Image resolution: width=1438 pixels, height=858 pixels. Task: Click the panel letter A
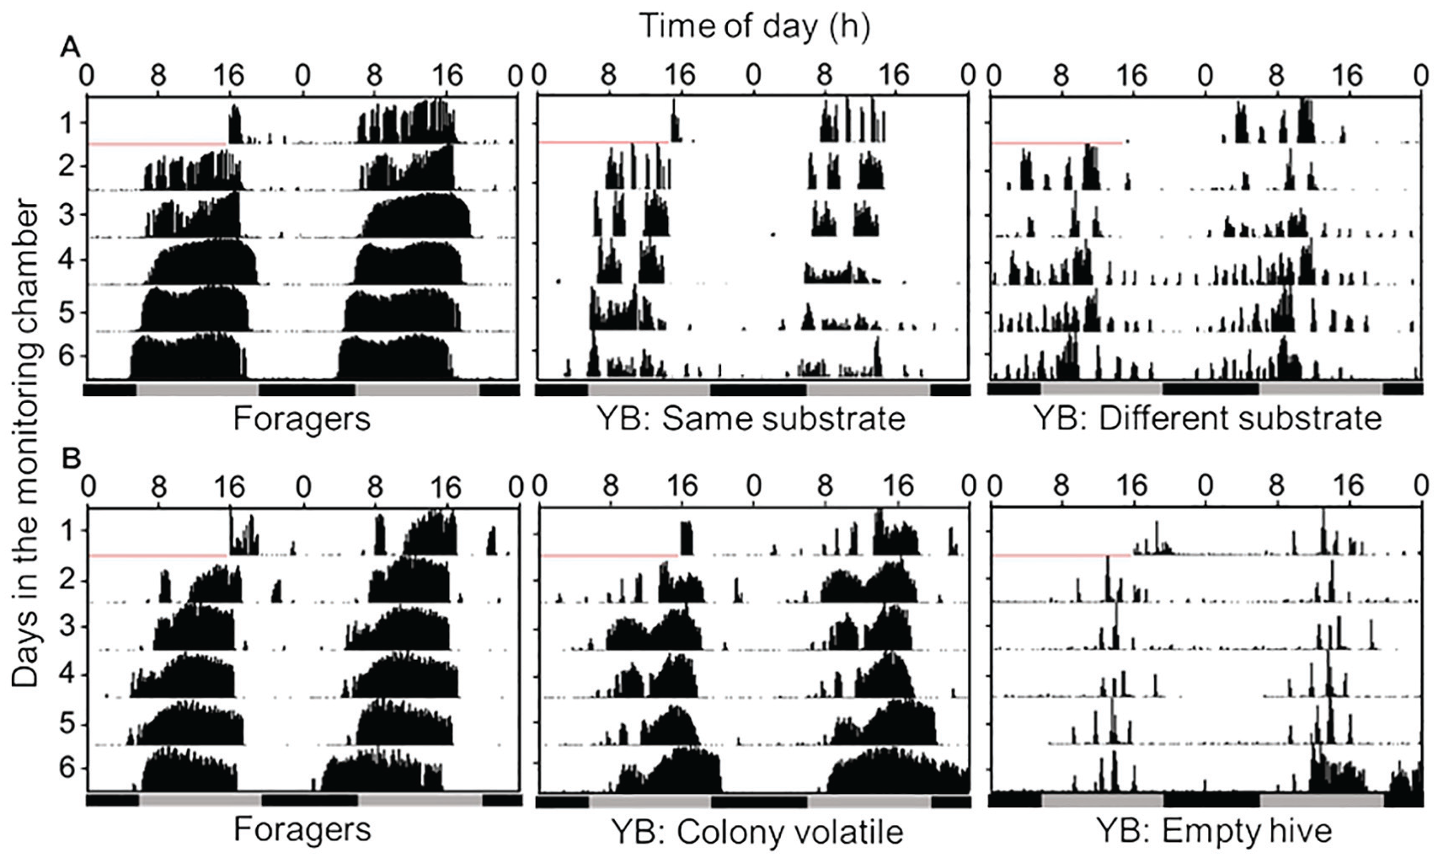pos(70,47)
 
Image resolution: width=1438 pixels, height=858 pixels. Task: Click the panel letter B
pos(70,458)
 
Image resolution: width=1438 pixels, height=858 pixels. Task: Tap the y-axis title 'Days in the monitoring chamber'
pos(25,443)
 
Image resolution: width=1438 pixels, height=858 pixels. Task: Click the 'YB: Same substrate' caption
pos(751,420)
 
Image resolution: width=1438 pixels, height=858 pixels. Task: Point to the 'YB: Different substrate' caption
pos(1207,420)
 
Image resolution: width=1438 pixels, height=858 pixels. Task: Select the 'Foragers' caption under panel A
pos(302,420)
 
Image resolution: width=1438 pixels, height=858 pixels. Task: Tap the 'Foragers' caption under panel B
pos(302,829)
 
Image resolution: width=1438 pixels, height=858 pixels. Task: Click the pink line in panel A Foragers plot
pos(158,144)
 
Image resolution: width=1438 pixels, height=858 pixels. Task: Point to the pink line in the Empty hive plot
pos(1061,555)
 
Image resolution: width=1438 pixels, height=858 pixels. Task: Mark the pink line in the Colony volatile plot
pos(609,555)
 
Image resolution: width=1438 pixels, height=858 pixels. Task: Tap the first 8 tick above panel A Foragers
pos(158,77)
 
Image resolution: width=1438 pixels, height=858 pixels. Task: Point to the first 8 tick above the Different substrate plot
pos(1063,77)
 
